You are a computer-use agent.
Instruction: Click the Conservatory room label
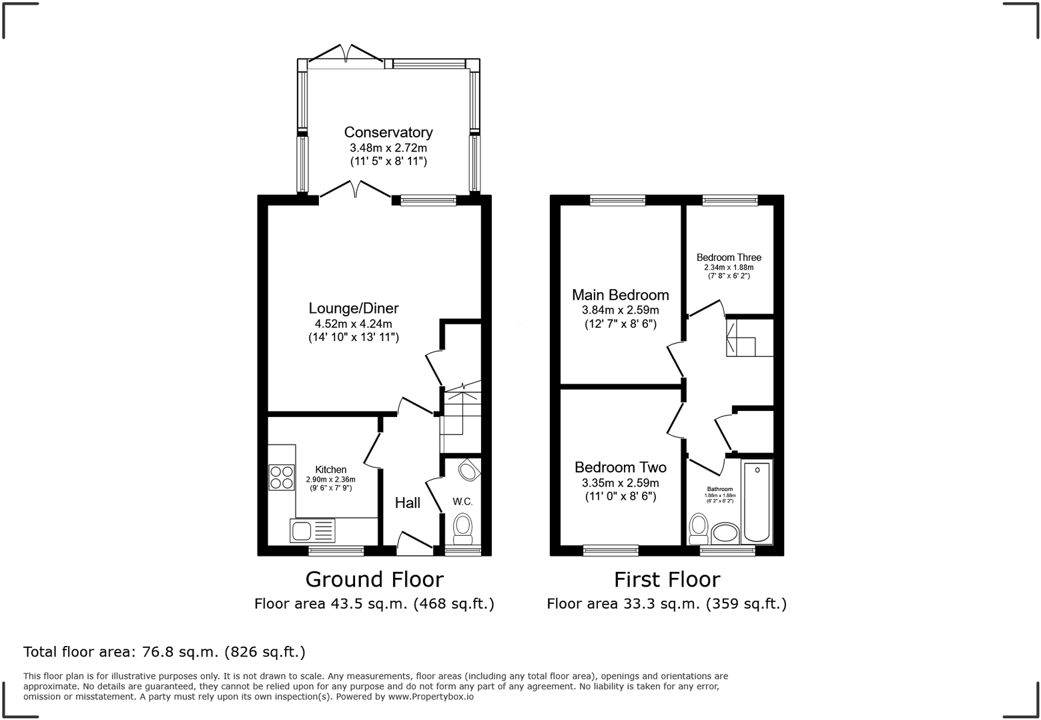pyautogui.click(x=388, y=132)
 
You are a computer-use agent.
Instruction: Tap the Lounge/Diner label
pyautogui.click(x=353, y=308)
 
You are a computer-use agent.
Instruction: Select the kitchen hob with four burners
pyautogui.click(x=282, y=476)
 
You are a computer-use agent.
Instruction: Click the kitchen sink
pyautogui.click(x=312, y=530)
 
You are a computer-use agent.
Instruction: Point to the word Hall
pyautogui.click(x=407, y=502)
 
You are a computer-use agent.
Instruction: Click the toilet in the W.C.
pyautogui.click(x=462, y=528)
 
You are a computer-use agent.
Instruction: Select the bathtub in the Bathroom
pyautogui.click(x=757, y=501)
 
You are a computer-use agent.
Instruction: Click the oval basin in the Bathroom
pyautogui.click(x=725, y=534)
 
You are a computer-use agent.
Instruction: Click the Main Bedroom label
pyautogui.click(x=620, y=295)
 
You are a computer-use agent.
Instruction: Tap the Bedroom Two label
pyautogui.click(x=620, y=468)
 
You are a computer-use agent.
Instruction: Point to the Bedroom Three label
pyautogui.click(x=728, y=258)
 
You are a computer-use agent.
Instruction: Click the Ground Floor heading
pyautogui.click(x=374, y=579)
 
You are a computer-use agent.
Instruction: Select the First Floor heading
pyautogui.click(x=667, y=579)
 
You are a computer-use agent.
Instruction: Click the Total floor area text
pyautogui.click(x=164, y=651)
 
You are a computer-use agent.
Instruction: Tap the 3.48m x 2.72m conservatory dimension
pyautogui.click(x=388, y=148)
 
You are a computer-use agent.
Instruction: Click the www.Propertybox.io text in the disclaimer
pyautogui.click(x=430, y=697)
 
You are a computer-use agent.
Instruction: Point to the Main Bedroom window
pyautogui.click(x=617, y=200)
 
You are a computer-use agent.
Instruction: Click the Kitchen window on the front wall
pyautogui.click(x=336, y=551)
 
